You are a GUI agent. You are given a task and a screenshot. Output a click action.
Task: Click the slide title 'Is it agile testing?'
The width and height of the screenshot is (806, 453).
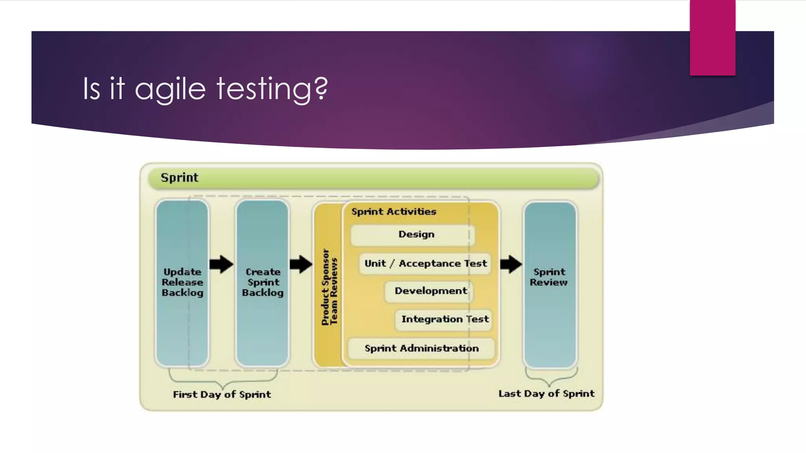pyautogui.click(x=205, y=88)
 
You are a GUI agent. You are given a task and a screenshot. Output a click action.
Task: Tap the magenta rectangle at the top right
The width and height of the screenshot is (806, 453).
pyautogui.click(x=712, y=37)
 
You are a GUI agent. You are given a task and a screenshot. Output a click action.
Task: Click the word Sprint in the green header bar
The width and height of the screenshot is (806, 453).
pyautogui.click(x=179, y=178)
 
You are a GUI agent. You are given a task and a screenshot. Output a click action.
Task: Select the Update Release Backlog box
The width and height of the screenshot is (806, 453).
pyautogui.click(x=182, y=283)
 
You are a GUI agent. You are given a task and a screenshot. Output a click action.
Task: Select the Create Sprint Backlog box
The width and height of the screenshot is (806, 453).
pyautogui.click(x=263, y=283)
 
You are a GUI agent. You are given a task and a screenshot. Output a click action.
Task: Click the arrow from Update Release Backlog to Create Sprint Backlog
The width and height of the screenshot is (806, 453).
pyautogui.click(x=222, y=264)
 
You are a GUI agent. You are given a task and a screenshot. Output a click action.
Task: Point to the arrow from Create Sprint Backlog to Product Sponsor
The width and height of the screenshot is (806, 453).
pyautogui.click(x=301, y=264)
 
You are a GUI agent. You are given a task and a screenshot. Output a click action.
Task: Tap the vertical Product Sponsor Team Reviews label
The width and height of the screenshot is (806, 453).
pyautogui.click(x=329, y=287)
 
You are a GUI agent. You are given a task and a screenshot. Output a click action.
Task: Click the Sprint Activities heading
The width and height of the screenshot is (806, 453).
pyautogui.click(x=394, y=212)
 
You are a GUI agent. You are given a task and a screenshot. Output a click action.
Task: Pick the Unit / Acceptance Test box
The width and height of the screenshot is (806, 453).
pyautogui.click(x=425, y=263)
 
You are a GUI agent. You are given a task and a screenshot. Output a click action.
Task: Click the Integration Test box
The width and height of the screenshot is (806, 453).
pyautogui.click(x=444, y=319)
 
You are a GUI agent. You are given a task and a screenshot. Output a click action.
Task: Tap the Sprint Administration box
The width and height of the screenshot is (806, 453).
pyautogui.click(x=421, y=348)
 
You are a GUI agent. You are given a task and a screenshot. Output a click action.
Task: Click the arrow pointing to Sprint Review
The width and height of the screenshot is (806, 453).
pyautogui.click(x=511, y=264)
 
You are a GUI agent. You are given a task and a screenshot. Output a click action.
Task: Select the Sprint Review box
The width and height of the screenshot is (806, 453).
pyautogui.click(x=549, y=283)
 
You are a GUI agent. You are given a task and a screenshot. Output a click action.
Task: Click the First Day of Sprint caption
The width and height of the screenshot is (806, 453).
pyautogui.click(x=222, y=394)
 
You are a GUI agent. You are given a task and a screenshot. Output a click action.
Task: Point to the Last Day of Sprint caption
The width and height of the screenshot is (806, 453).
pyautogui.click(x=546, y=394)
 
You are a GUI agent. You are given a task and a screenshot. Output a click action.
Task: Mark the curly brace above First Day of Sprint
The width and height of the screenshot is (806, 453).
pyautogui.click(x=223, y=379)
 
